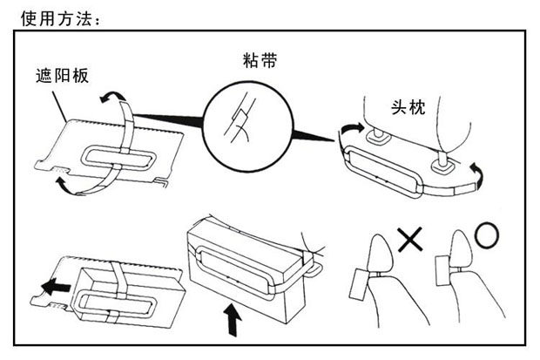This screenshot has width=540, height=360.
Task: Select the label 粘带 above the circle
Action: pos(260,60)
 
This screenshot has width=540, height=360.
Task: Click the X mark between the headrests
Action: pos(408,238)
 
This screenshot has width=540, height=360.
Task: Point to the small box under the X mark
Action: pos(361,284)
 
